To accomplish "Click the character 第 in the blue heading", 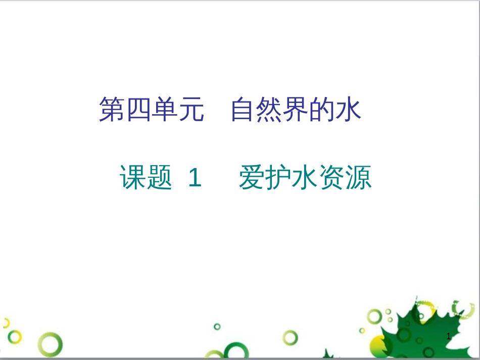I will (112, 110).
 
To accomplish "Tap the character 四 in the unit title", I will (138, 110).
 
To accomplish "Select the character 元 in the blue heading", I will (191, 110).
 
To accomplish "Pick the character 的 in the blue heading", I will (322, 110).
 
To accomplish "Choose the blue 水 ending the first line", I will (349, 110).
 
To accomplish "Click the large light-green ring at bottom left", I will (52, 345).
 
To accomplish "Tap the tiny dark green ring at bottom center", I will (217, 326).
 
